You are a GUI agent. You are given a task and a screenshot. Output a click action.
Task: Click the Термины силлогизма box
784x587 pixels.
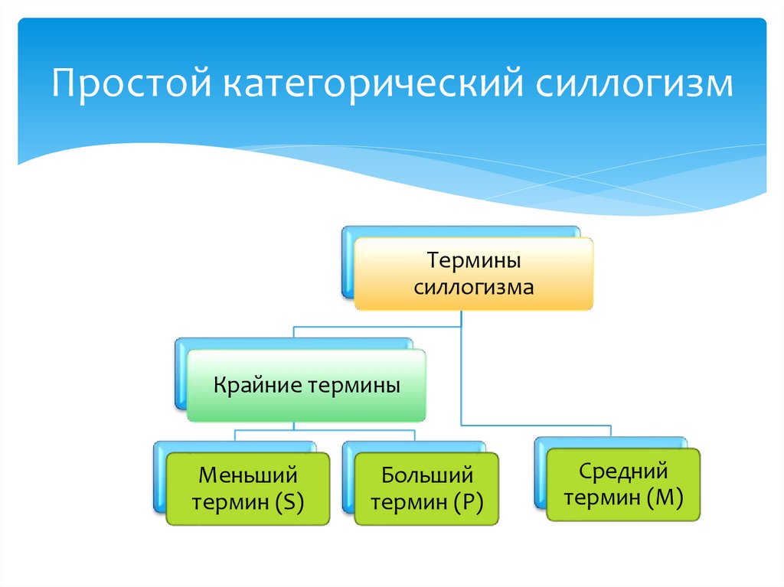coord(473,274)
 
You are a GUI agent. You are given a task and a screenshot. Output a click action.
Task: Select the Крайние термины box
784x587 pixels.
coord(305,385)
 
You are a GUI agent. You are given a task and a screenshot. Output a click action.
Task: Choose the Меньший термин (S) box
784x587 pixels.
coord(248,488)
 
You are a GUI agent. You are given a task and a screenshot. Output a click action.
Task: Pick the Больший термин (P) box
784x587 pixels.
coord(426,488)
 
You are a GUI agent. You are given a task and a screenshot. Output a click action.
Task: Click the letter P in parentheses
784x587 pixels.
coord(466,503)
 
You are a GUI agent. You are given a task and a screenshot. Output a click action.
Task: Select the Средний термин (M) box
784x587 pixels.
coord(623,484)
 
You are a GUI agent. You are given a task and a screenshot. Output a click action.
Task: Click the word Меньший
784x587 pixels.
coord(247,475)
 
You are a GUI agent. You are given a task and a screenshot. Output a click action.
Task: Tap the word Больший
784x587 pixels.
coord(427,475)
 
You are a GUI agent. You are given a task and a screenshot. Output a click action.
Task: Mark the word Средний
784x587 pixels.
coord(623,471)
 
